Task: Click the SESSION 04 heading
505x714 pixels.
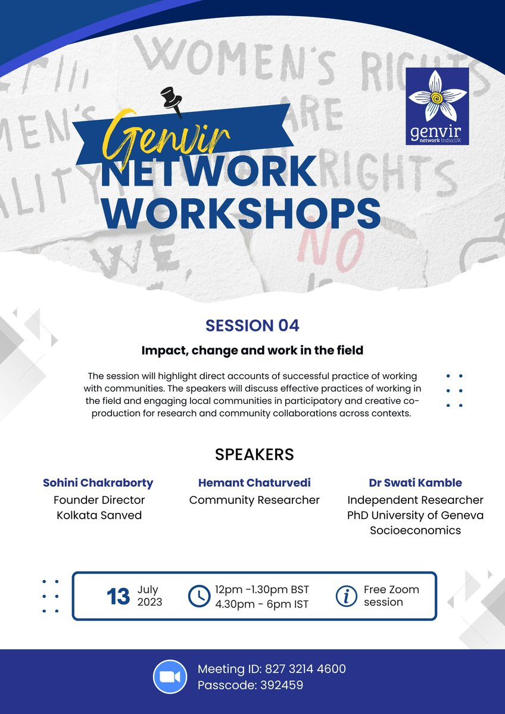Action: click(x=253, y=325)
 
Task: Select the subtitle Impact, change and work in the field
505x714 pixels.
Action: click(x=253, y=350)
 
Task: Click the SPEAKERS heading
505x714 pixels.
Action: click(x=254, y=455)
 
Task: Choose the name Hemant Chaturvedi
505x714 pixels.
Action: click(x=254, y=483)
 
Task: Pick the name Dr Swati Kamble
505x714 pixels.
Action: click(x=415, y=483)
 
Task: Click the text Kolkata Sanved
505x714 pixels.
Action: click(x=99, y=515)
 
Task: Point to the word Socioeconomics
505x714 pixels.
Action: click(x=415, y=530)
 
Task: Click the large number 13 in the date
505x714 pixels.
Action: click(x=118, y=596)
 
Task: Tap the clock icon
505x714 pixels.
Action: click(x=198, y=596)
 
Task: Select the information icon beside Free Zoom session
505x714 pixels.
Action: click(x=346, y=596)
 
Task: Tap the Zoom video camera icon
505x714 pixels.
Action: click(x=170, y=677)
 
